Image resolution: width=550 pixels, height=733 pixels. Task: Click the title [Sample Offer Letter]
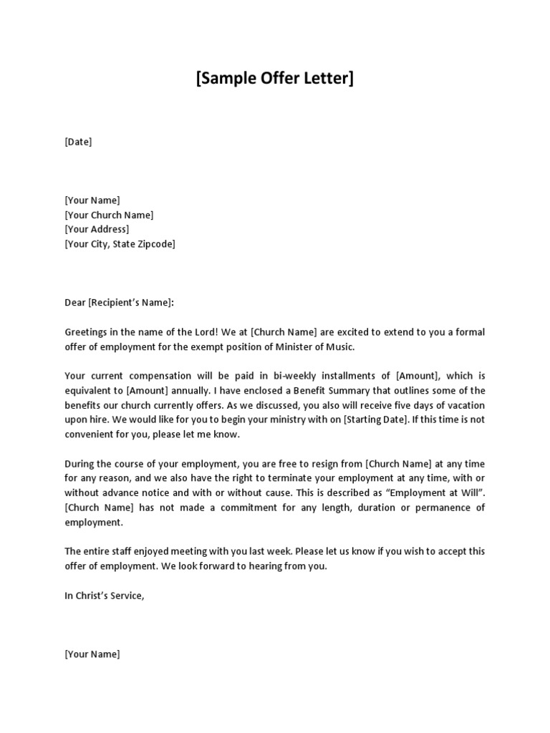(x=275, y=78)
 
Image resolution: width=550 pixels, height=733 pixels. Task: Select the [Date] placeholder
(x=78, y=142)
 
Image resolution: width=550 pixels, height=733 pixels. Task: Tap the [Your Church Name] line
(x=109, y=215)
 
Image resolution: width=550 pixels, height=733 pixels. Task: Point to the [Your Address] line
(x=97, y=229)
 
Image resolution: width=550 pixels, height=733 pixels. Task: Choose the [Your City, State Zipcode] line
(x=120, y=244)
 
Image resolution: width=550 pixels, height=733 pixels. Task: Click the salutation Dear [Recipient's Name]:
(x=120, y=303)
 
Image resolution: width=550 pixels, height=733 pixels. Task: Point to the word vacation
(x=465, y=405)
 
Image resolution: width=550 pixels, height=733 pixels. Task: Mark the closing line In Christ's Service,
(x=105, y=595)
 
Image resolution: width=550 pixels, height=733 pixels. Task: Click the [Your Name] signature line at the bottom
(x=92, y=654)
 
